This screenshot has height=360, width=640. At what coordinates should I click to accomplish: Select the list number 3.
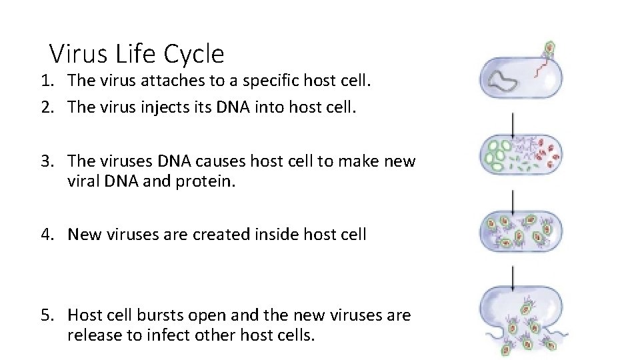pyautogui.click(x=45, y=161)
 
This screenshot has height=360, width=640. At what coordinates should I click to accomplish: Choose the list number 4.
pyautogui.click(x=45, y=235)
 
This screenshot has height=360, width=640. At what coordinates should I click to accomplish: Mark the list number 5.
pyautogui.click(x=45, y=315)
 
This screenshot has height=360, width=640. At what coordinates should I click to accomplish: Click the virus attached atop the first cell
pyautogui.click(x=550, y=49)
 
